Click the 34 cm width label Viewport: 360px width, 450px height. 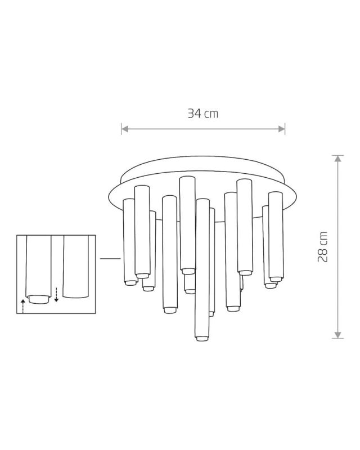[203, 114]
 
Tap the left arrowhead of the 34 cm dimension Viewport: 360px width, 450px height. [125, 129]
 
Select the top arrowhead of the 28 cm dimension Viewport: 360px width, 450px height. [337, 159]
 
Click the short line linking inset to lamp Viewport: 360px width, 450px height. [110, 258]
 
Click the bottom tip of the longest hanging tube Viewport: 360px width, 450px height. [201, 339]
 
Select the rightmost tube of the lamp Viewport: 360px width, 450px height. [275, 236]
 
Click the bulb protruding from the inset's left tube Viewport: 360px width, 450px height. [38, 299]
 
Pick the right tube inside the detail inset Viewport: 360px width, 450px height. [76, 267]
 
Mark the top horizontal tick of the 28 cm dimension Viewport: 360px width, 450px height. [337, 155]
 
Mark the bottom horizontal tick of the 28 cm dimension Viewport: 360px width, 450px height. [337, 339]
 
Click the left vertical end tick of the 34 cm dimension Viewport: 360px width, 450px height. [121, 129]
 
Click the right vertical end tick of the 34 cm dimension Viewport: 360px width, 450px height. [285, 129]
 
